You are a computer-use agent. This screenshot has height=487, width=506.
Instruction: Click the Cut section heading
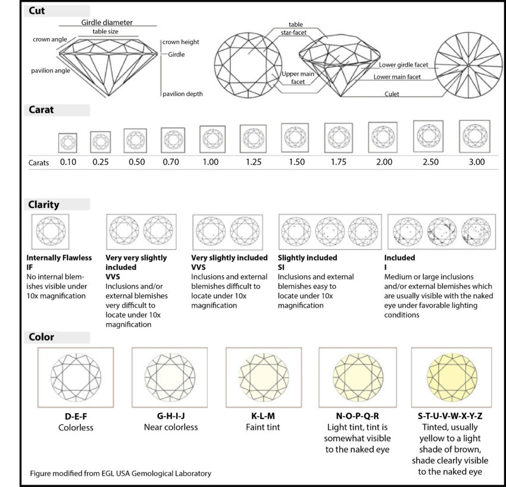point(37,11)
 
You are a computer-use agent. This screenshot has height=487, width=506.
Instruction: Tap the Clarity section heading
point(43,204)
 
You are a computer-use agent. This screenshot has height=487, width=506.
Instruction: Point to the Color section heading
point(41,337)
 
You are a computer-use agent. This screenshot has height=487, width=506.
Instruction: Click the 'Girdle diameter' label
point(107,22)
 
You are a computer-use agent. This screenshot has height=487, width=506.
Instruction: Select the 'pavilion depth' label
point(183,94)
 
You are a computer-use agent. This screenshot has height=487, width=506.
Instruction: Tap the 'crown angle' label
point(50,39)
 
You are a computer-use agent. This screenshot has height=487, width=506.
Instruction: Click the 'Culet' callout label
point(392,94)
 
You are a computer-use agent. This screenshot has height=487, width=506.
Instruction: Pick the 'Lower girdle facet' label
point(403,64)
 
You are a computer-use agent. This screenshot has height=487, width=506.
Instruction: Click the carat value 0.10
point(67,162)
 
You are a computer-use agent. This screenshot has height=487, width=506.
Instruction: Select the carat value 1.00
point(211,162)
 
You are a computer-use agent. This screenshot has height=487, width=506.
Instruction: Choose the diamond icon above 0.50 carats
point(135,141)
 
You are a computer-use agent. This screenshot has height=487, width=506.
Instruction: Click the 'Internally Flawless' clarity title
point(60,258)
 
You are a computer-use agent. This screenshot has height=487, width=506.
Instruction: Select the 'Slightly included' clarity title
point(308,258)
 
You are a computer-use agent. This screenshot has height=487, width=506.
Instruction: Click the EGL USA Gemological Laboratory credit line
point(121,474)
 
